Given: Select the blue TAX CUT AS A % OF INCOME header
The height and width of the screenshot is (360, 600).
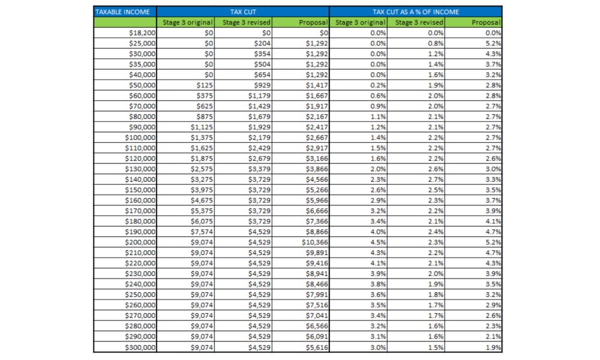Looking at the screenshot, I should (415, 11).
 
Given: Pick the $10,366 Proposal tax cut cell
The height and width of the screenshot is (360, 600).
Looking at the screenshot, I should (316, 242).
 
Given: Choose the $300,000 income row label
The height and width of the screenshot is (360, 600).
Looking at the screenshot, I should (140, 347).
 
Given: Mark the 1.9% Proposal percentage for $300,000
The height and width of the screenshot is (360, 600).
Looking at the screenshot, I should (493, 347).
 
